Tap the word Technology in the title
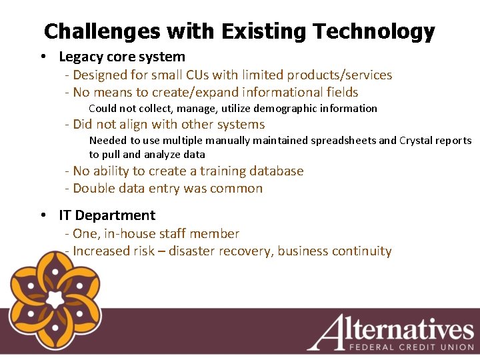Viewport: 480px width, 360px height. point(374,31)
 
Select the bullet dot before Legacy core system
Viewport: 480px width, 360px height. point(43,57)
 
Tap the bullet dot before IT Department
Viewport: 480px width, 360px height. point(43,215)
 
